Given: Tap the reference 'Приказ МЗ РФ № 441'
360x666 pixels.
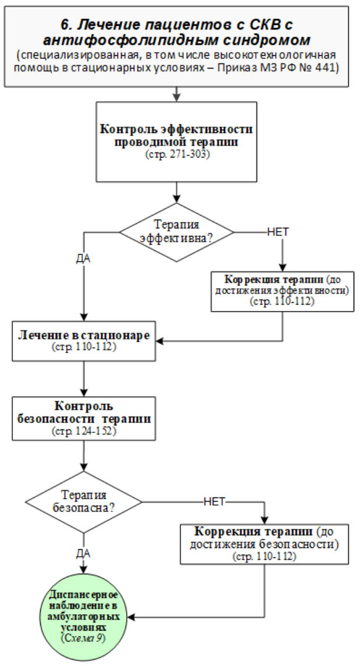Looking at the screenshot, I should coord(273,68).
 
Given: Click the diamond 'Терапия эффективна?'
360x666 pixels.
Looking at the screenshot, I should coord(176,231).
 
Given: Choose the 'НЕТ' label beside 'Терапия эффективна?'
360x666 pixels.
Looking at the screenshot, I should coord(278,230).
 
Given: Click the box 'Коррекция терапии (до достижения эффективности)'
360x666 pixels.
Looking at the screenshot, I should coord(282,291).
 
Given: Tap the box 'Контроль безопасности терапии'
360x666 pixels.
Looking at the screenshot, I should coord(85,418).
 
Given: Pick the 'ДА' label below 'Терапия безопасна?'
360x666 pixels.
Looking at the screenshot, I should coord(85,553).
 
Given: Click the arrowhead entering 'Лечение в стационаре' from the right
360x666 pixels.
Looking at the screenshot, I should coord(163,340).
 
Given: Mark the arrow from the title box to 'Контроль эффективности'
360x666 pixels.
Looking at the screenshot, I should coord(176,94).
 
